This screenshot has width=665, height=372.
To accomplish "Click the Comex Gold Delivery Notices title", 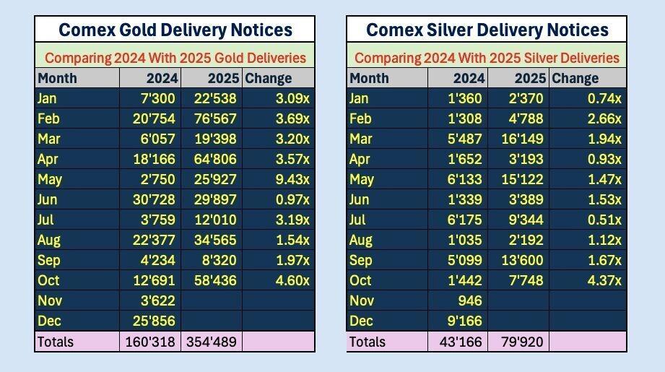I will (175, 30).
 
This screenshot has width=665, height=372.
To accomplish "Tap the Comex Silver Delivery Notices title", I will (487, 30).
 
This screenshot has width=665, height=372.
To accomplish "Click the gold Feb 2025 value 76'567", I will (213, 118).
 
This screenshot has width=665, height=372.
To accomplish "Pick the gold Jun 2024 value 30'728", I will (152, 199).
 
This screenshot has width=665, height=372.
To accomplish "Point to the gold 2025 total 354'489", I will (212, 342).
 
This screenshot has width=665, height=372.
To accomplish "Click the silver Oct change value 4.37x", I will (604, 280).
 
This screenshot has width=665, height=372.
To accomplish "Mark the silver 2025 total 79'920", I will (519, 342).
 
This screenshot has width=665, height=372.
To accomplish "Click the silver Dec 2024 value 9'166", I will (462, 321).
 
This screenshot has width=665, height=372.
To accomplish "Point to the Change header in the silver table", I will (575, 78).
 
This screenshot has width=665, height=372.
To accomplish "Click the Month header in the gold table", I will (57, 78).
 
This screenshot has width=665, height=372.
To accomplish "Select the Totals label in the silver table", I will (367, 342).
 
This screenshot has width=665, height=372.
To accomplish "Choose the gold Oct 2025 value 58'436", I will (213, 280).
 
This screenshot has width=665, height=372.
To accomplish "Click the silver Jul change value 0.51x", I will (604, 220).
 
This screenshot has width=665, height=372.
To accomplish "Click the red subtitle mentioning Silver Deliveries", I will (487, 58).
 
